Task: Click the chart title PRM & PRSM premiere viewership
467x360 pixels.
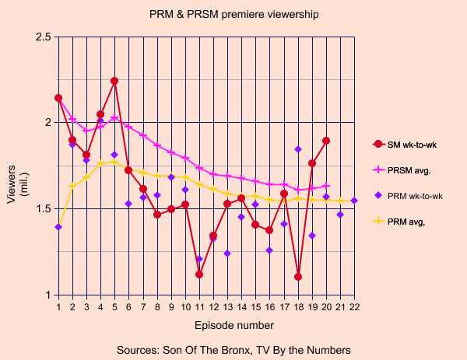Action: tap(233, 14)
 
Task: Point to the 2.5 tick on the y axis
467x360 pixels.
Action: tap(44, 37)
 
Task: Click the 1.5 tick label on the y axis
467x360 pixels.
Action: tap(44, 209)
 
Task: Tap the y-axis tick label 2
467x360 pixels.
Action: tap(47, 123)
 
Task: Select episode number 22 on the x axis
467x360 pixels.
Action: tap(354, 308)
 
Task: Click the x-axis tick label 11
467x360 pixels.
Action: tap(199, 308)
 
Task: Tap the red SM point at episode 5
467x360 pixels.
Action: tap(114, 81)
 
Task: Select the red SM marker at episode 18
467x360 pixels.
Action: tap(298, 277)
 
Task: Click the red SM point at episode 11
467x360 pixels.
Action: tap(199, 274)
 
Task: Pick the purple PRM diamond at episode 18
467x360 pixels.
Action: tap(298, 149)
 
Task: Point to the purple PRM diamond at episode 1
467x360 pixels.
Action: tap(58, 227)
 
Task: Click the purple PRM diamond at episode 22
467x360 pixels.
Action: tap(354, 201)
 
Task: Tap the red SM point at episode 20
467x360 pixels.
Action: tap(326, 141)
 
